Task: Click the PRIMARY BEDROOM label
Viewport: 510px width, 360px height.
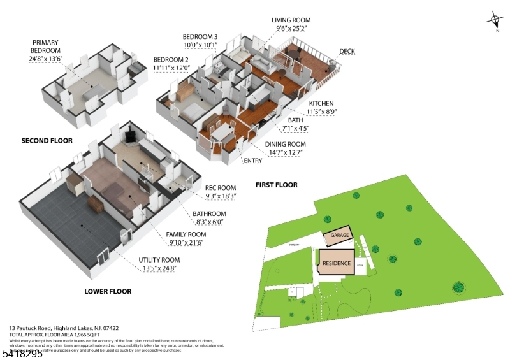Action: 46,47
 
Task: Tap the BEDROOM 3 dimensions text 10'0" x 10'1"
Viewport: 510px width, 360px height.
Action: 200,45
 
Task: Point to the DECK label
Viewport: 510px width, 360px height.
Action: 347,52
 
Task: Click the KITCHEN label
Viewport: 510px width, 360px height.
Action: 321,103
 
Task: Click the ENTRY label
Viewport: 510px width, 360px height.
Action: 253,161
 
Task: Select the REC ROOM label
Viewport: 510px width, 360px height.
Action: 221,187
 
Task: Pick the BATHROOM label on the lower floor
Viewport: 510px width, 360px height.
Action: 210,213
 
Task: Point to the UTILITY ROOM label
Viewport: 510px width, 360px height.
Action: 159,260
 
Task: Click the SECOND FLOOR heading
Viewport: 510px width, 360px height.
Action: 47,141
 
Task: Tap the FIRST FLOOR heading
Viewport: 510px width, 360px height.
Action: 276,185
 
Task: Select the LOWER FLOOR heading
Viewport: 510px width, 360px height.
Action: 108,291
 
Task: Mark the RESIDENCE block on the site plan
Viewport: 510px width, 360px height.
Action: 337,262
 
